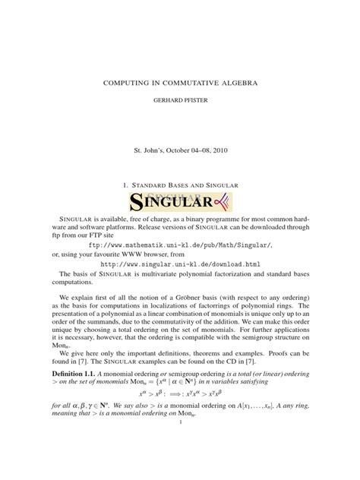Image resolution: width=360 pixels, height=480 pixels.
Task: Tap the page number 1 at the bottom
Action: coord(180,466)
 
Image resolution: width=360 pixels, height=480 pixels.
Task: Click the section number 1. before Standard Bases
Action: coord(125,185)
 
